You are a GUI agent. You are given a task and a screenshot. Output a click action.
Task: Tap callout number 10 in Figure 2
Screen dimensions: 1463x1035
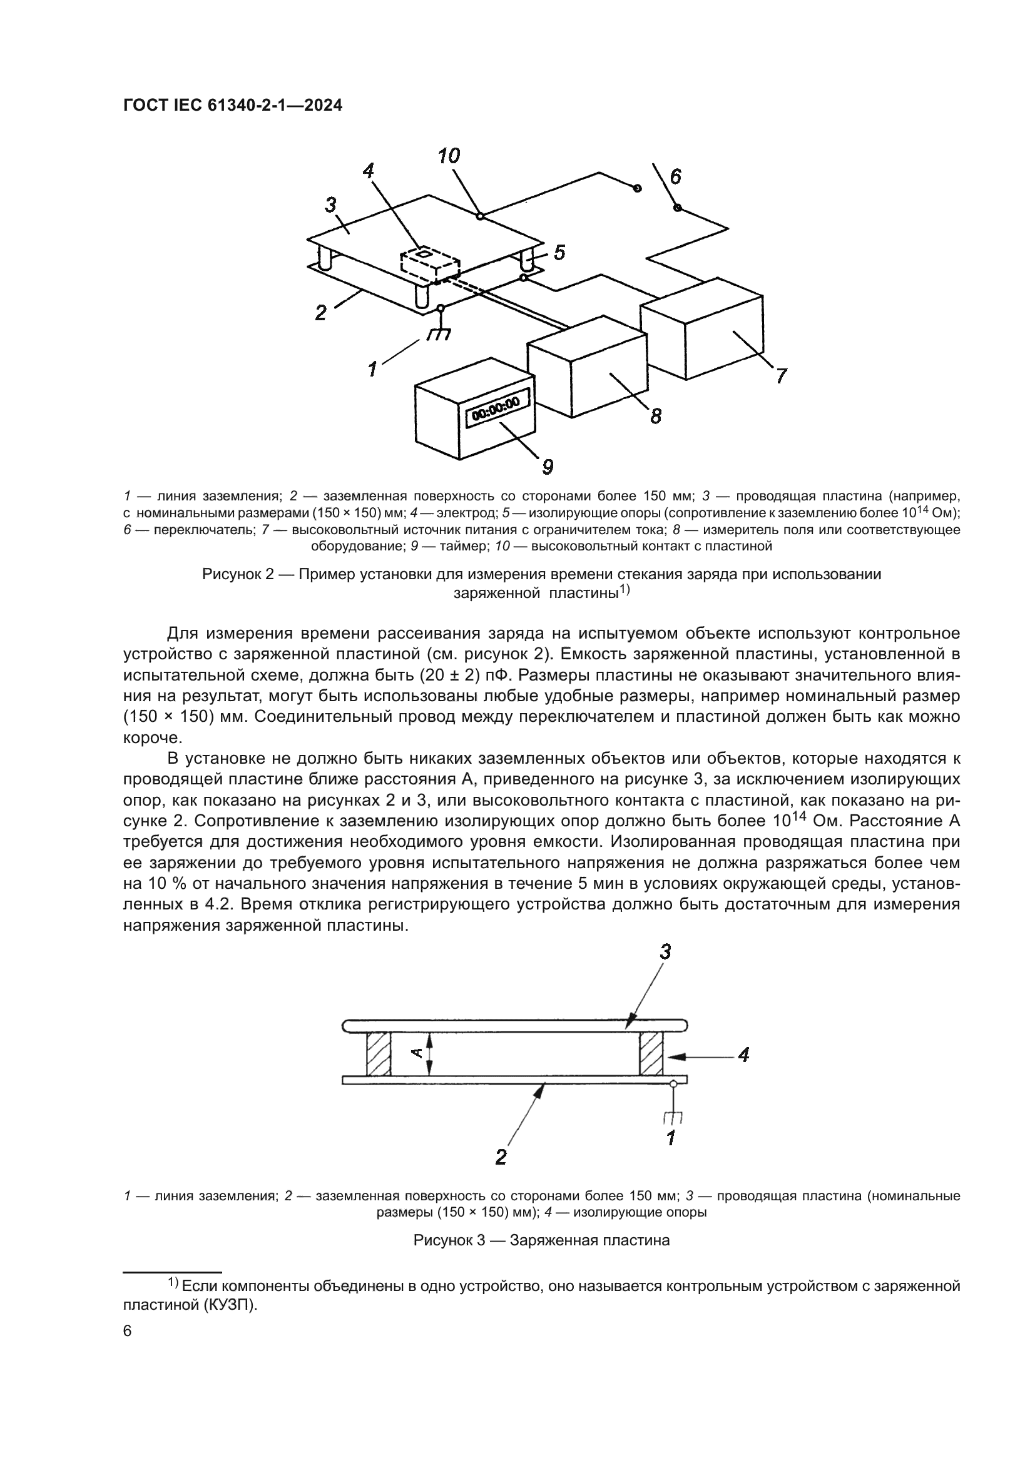[449, 156]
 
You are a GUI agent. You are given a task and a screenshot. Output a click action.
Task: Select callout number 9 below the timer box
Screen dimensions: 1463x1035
[548, 467]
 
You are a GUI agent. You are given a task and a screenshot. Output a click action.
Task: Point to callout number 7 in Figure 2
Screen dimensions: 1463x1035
[782, 376]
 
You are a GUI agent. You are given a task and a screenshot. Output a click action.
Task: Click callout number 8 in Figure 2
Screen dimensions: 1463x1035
[656, 417]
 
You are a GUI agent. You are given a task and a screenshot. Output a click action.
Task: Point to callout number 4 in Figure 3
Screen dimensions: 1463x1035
[743, 1055]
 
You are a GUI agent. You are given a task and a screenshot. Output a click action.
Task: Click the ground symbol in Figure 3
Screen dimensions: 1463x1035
[673, 1117]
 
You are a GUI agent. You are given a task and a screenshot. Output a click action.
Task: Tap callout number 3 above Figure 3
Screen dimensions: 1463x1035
[665, 952]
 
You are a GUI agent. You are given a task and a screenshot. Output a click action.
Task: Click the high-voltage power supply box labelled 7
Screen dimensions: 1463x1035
[701, 328]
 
